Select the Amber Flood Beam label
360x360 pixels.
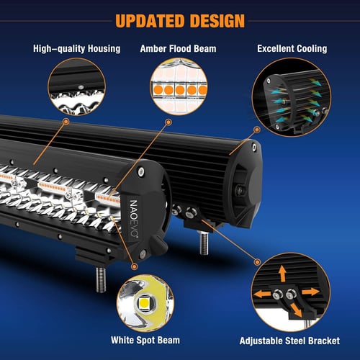click(179, 49)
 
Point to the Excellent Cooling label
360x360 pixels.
click(292, 49)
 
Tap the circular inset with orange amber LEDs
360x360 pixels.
click(179, 89)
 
